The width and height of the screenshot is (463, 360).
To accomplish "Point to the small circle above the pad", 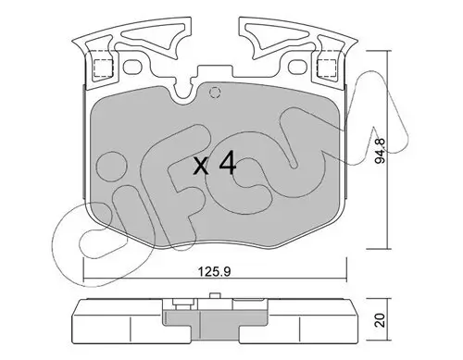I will [x=216, y=92].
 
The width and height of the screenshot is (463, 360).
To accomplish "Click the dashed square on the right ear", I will [x=327, y=67].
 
